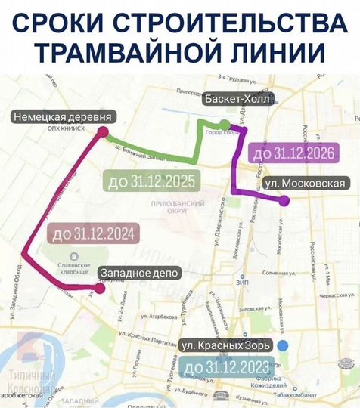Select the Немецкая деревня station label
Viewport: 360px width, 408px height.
click(x=64, y=117)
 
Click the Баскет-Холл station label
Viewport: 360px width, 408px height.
click(x=237, y=98)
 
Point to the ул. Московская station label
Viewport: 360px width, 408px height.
click(x=307, y=184)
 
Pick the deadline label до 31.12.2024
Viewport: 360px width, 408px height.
click(x=93, y=233)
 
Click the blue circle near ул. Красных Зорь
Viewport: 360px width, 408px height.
click(x=283, y=345)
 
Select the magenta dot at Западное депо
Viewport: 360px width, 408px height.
click(x=99, y=287)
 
